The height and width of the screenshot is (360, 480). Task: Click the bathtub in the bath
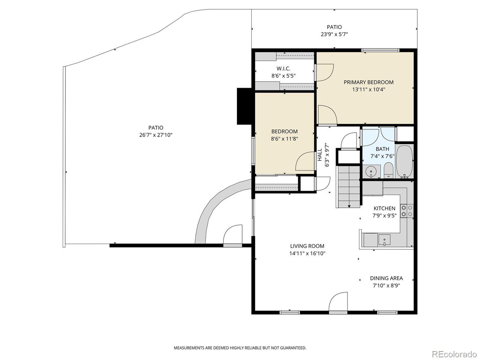point(404,162)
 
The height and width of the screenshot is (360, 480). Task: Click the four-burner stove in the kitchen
point(406,211)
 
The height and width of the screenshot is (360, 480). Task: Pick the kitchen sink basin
point(384,240)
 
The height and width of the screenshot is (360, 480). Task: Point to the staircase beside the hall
point(349,187)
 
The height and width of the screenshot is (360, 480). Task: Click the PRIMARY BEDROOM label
point(369,82)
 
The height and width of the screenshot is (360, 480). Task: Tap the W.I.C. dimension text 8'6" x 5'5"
point(283,76)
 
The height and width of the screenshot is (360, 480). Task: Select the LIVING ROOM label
point(307,246)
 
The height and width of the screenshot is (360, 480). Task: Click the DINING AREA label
point(386,278)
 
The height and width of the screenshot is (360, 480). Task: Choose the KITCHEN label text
point(384,208)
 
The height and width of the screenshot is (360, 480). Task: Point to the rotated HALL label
point(320,155)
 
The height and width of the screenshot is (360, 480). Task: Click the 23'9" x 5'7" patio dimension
point(334,34)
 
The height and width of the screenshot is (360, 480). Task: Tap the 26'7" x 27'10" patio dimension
point(156,135)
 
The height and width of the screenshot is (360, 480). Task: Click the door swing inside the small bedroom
point(305,161)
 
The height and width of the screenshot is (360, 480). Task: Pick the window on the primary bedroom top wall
point(380,50)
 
